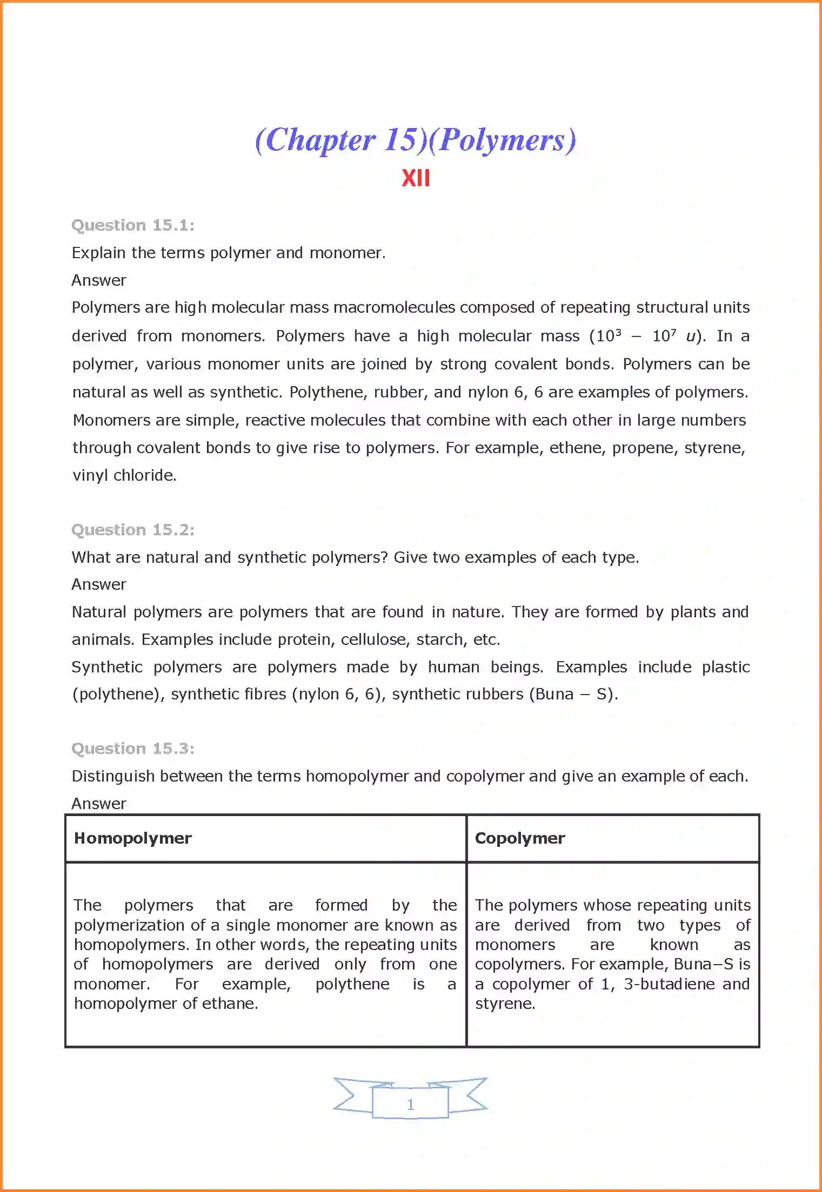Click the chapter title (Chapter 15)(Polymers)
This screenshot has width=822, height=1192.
(415, 140)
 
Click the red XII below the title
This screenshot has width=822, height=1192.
(416, 178)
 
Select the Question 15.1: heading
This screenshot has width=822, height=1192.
(133, 225)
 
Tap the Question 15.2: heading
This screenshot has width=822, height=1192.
(133, 530)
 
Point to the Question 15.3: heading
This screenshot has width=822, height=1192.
(133, 749)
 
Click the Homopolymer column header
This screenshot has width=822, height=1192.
(133, 838)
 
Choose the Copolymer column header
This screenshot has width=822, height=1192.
(519, 838)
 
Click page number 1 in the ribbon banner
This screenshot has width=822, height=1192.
(411, 1105)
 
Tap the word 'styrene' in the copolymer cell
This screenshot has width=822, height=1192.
(504, 1004)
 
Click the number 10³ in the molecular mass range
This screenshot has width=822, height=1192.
(609, 336)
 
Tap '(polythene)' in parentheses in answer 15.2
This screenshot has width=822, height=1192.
(119, 694)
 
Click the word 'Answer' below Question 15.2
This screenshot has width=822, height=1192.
(99, 584)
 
